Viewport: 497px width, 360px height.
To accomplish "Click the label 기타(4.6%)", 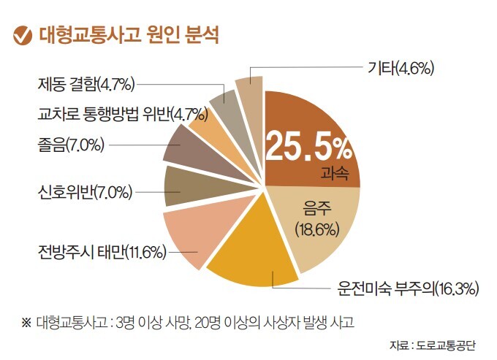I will click(x=400, y=69).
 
